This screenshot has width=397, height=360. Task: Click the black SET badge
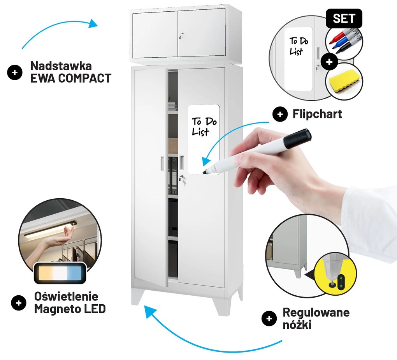(344, 19)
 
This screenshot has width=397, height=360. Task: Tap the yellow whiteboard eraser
(343, 81)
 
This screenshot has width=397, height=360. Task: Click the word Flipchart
(317, 114)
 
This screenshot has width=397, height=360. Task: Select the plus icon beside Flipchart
(280, 114)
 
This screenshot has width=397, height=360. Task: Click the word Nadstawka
(61, 66)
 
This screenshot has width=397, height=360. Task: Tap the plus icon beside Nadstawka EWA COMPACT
(15, 72)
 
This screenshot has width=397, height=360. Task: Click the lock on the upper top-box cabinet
(181, 35)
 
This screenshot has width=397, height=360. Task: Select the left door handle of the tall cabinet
(162, 162)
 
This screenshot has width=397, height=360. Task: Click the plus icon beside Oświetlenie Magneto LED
(18, 303)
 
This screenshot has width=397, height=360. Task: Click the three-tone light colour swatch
(60, 273)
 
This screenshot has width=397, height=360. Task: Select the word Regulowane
(316, 312)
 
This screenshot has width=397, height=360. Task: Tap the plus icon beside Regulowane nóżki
(269, 318)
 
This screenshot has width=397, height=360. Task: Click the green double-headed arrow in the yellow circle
(341, 282)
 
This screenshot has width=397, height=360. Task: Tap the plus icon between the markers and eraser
(329, 62)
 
